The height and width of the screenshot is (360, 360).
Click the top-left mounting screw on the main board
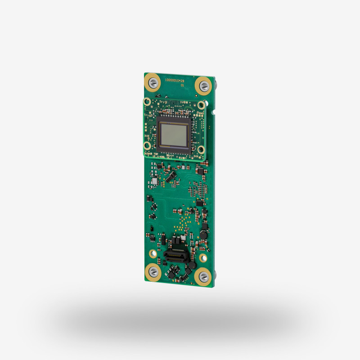pos(153,82)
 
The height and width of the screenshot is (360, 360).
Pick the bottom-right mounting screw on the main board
pos(203,276)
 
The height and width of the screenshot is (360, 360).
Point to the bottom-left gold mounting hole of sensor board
pos(147,145)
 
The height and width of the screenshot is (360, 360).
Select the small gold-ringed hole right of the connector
pos(203,258)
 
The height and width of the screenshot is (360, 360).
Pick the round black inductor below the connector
pos(191,266)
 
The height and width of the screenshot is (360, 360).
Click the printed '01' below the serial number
pos(182,85)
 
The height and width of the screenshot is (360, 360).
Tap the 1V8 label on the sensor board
pos(183,103)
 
